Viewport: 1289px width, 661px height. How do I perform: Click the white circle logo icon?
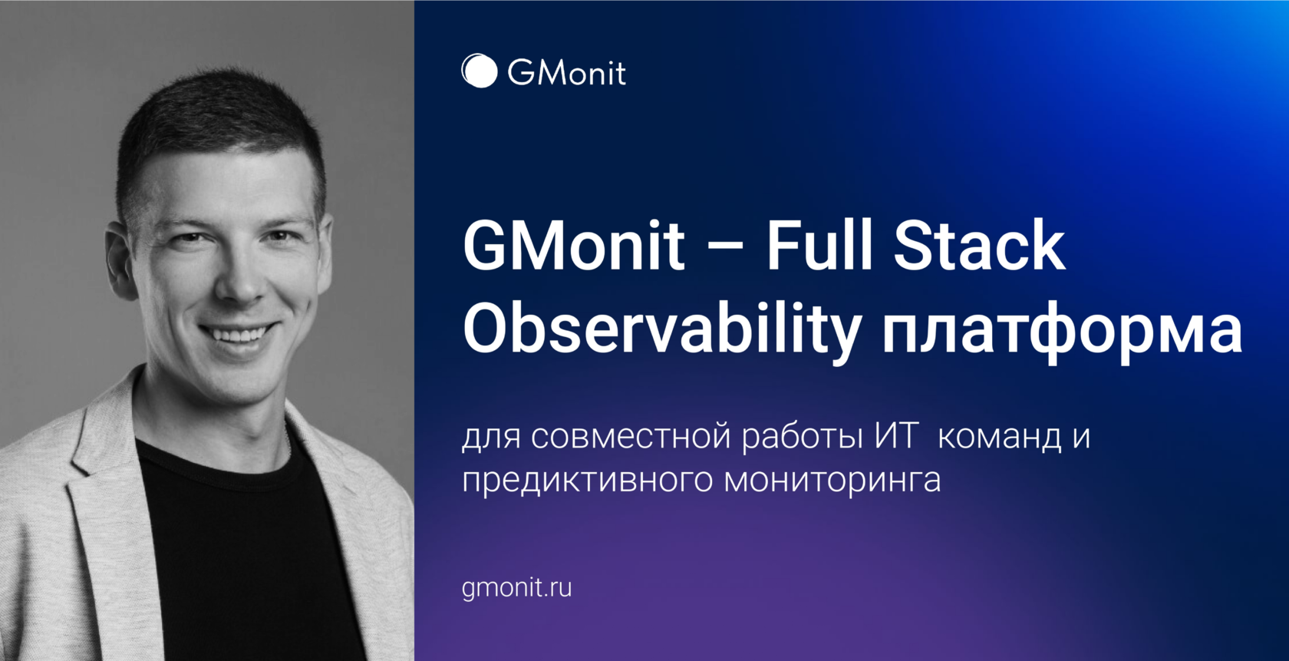coord(480,71)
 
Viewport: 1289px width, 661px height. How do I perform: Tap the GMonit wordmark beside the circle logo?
coord(566,73)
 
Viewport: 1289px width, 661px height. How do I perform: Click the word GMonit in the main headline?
coord(573,246)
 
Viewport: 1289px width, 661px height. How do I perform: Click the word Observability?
coord(662,330)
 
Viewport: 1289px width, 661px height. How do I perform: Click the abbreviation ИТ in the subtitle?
coord(895,436)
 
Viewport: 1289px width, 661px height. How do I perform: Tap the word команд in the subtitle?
coord(1000,438)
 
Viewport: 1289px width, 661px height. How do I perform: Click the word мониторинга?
coord(832,481)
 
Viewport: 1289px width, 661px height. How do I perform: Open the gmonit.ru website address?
coord(516,588)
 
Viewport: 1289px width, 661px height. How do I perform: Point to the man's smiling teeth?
coord(237,335)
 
